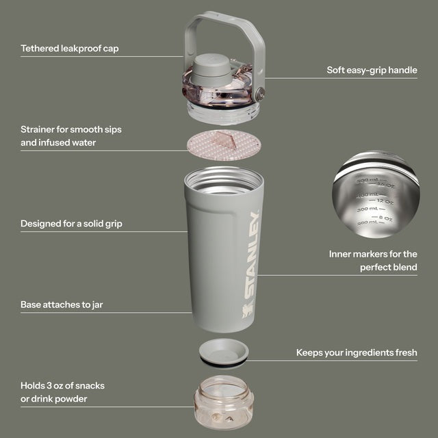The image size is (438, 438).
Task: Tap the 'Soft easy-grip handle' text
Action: point(372,70)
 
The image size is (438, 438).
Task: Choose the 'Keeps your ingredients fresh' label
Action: point(357,352)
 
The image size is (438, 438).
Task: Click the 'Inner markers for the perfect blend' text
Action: point(373,261)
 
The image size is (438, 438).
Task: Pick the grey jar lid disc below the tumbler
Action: point(224,352)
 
